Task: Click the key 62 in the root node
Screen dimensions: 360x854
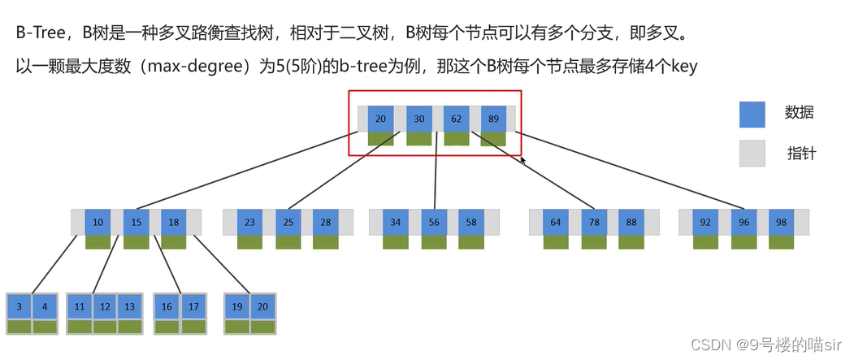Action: click(456, 118)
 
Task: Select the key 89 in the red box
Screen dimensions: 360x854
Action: click(493, 118)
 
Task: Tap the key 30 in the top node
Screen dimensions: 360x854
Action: click(418, 118)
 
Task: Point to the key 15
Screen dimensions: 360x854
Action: click(136, 222)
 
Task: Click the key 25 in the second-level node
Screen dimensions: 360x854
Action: click(288, 222)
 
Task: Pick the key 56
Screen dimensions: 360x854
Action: click(434, 222)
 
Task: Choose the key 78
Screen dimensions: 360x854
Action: click(594, 222)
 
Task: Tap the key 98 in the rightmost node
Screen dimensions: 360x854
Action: click(781, 222)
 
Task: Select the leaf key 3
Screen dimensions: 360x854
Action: click(19, 306)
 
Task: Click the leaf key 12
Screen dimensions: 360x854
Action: click(105, 306)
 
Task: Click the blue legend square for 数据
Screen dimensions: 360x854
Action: click(752, 115)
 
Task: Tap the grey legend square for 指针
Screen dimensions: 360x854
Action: click(752, 153)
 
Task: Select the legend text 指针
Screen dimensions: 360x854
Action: click(801, 153)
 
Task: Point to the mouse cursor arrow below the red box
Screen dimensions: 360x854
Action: click(523, 161)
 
